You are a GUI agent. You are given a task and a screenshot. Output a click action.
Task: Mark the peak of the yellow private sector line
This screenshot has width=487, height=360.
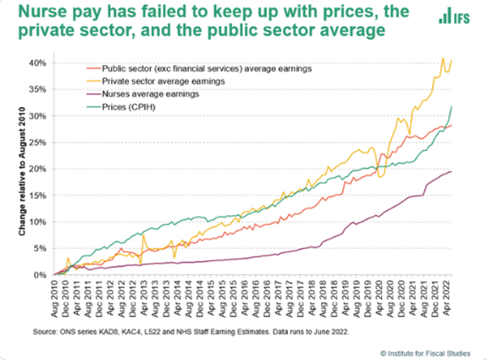[443, 58]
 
